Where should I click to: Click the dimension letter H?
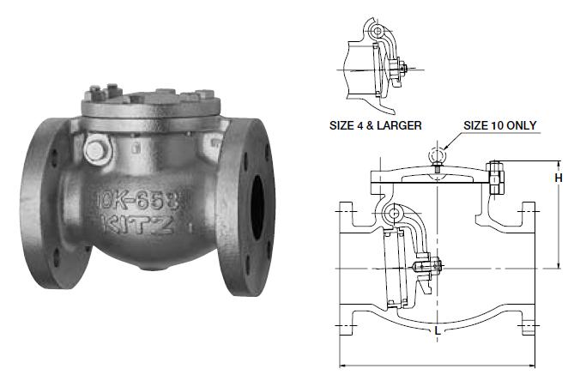click(559, 178)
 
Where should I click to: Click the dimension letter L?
click(438, 331)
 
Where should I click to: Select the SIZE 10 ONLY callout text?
click(499, 125)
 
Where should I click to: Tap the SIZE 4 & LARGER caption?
click(375, 125)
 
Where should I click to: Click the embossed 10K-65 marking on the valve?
click(142, 201)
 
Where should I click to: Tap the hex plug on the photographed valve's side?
click(95, 150)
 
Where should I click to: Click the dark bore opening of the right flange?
click(257, 207)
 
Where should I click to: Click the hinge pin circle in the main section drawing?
click(394, 213)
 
